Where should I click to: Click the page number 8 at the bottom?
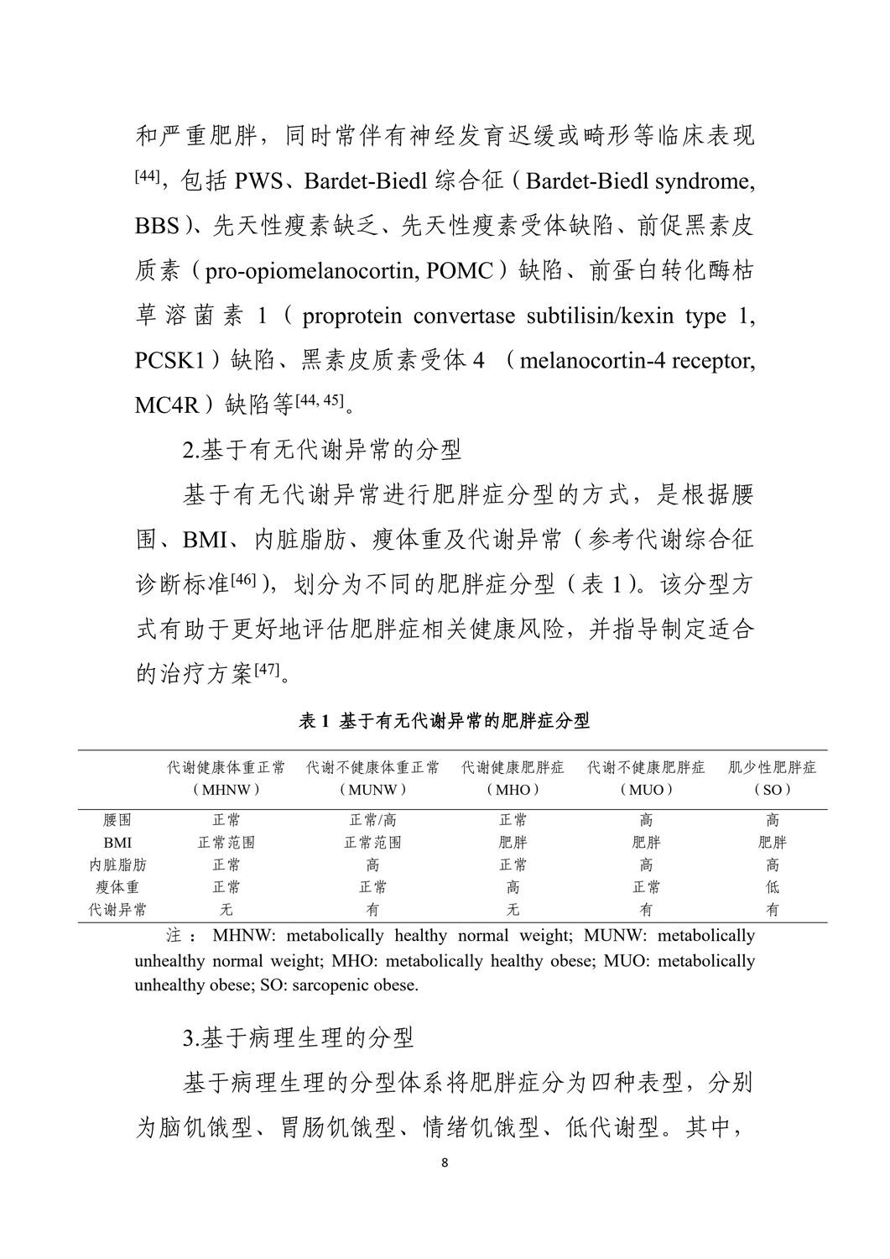click(445, 1163)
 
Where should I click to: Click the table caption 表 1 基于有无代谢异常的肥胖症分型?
click(445, 721)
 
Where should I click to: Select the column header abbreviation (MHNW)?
click(226, 790)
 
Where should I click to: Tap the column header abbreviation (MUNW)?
click(372, 790)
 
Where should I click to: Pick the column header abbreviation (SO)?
click(772, 790)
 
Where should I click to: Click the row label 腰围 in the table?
click(117, 820)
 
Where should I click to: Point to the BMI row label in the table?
click(117, 843)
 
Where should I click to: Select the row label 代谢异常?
click(117, 910)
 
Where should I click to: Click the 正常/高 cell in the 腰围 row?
click(372, 820)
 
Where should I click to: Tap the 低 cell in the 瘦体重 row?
click(772, 887)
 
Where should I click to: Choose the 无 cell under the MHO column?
click(513, 910)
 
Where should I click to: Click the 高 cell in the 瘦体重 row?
click(513, 887)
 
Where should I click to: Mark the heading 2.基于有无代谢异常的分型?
click(322, 450)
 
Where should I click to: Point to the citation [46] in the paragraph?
click(242, 581)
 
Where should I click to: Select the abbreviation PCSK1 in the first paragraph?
click(169, 362)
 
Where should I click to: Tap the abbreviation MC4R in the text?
click(167, 406)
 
